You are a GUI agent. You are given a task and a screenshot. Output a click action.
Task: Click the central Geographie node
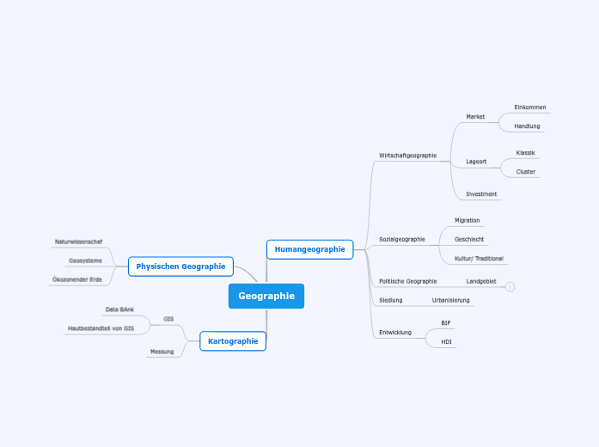point(266,296)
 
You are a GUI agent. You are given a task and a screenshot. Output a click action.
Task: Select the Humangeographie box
point(309,249)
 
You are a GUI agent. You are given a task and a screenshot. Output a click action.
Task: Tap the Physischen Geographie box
point(180,266)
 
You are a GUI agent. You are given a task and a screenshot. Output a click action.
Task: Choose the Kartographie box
point(233,341)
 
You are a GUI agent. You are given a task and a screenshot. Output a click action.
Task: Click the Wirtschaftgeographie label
point(407,156)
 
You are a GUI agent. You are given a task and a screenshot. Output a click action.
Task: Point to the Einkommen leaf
point(529,107)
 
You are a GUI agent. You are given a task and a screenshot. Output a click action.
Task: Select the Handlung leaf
point(527,126)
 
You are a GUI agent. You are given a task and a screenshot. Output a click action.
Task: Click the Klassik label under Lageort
point(525,153)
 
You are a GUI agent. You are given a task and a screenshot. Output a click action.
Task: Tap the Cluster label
point(525,172)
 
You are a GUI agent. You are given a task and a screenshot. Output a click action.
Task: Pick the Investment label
point(481,194)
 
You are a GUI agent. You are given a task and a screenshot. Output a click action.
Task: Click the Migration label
point(467,221)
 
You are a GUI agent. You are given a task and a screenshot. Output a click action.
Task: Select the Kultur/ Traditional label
point(479,259)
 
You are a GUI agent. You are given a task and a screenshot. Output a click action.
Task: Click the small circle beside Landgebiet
point(510,286)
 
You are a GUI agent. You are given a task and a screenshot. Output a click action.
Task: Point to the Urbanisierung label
point(450,300)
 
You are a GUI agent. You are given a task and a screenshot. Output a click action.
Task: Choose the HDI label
point(446,342)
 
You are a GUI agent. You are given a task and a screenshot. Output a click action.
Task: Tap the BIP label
point(445,323)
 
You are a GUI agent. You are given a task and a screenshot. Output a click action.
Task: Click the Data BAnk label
point(119,309)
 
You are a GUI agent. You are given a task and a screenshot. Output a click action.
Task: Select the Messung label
point(162,352)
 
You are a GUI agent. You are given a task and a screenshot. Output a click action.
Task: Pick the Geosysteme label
point(85,260)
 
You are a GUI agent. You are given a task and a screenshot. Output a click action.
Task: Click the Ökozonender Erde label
point(76,279)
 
